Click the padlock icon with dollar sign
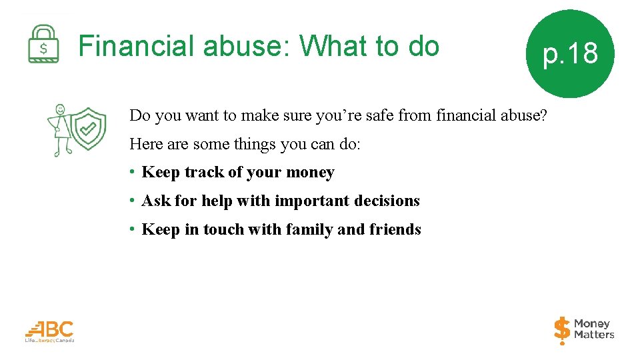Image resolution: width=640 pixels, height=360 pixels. pos(43,44)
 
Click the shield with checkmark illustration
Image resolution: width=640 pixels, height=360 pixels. pos(88,129)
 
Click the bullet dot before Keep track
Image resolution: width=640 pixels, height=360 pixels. pos(134,172)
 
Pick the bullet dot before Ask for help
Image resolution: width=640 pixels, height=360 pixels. pos(134,201)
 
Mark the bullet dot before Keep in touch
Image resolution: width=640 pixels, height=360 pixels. pos(134,229)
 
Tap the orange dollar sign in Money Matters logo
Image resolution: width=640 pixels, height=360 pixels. pos(562,329)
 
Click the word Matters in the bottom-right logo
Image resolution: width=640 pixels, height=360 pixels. pos(593,335)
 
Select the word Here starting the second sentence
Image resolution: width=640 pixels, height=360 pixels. pos(145,144)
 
